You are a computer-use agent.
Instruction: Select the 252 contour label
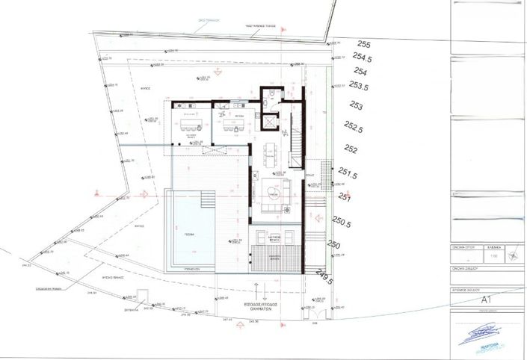click(352, 150)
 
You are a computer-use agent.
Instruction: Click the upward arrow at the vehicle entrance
click(250, 288)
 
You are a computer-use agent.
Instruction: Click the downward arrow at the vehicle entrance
click(263, 288)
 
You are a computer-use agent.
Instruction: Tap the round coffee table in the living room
click(273, 193)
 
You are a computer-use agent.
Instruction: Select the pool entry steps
click(206, 201)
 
